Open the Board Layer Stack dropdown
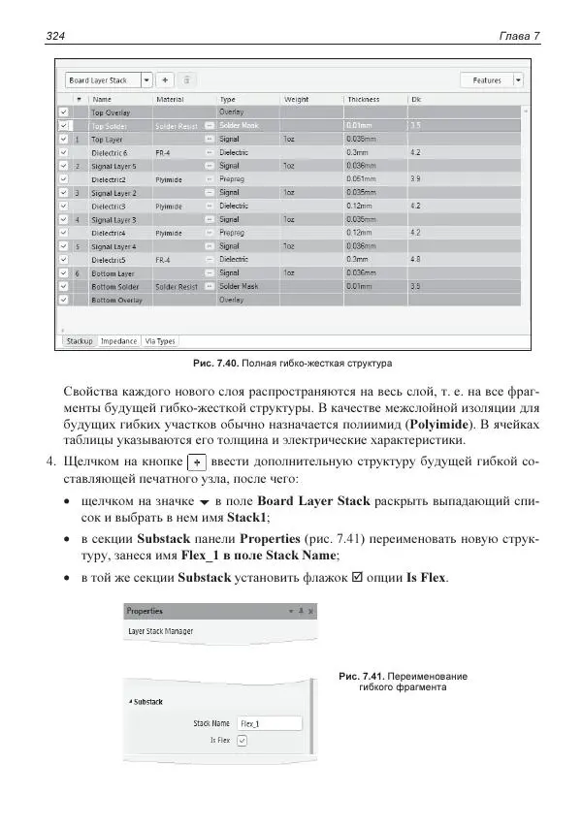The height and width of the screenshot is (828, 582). pyautogui.click(x=146, y=80)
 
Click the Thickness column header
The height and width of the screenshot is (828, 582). pyautogui.click(x=363, y=99)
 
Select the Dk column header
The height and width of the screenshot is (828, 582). pyautogui.click(x=416, y=99)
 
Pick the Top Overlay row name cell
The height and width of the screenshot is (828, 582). pyautogui.click(x=111, y=112)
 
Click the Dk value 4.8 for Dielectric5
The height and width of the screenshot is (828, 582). pyautogui.click(x=416, y=260)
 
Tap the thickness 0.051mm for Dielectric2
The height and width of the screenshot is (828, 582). pyautogui.click(x=361, y=179)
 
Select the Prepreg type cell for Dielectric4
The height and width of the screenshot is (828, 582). pyautogui.click(x=233, y=233)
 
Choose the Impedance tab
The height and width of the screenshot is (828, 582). pyautogui.click(x=118, y=341)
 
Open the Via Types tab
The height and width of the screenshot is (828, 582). pyautogui.click(x=160, y=341)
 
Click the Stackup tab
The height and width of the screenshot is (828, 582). pyautogui.click(x=79, y=341)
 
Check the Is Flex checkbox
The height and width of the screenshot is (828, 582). pyautogui.click(x=242, y=740)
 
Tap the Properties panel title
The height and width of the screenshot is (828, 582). pyautogui.click(x=145, y=612)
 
